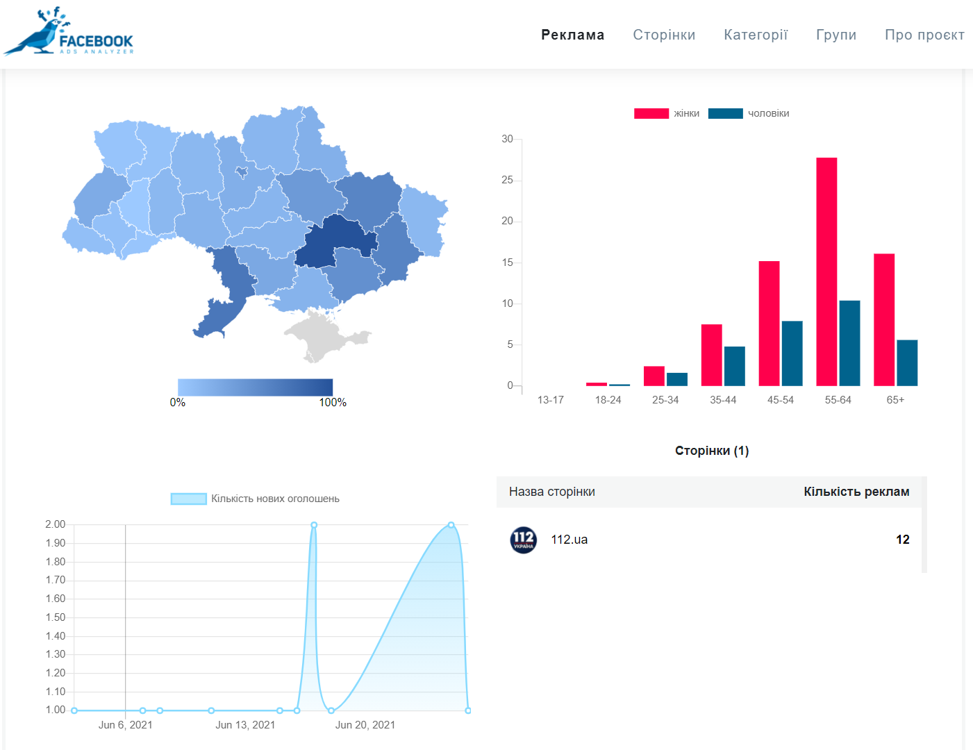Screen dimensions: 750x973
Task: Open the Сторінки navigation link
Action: click(664, 35)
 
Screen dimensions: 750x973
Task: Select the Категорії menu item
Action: click(756, 35)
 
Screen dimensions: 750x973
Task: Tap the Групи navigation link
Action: click(836, 35)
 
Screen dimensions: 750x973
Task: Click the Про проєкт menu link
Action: click(924, 35)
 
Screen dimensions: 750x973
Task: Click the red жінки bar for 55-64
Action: click(826, 272)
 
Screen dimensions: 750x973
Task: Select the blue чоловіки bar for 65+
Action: click(907, 362)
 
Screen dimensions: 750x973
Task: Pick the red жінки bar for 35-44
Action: click(712, 355)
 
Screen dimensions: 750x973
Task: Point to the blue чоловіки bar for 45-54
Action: click(792, 353)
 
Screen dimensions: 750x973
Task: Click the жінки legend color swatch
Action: click(651, 113)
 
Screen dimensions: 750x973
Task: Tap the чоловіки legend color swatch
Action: click(725, 113)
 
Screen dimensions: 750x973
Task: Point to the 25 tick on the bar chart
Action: click(508, 180)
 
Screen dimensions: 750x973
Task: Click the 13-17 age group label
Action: click(550, 400)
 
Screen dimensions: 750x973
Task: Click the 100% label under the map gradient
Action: click(333, 403)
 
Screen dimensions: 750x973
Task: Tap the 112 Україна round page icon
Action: click(524, 540)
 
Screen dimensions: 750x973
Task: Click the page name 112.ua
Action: click(569, 540)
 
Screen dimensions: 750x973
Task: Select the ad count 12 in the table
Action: click(902, 540)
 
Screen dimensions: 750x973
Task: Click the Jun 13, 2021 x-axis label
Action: click(245, 725)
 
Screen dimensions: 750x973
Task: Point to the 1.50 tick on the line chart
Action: click(56, 617)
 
